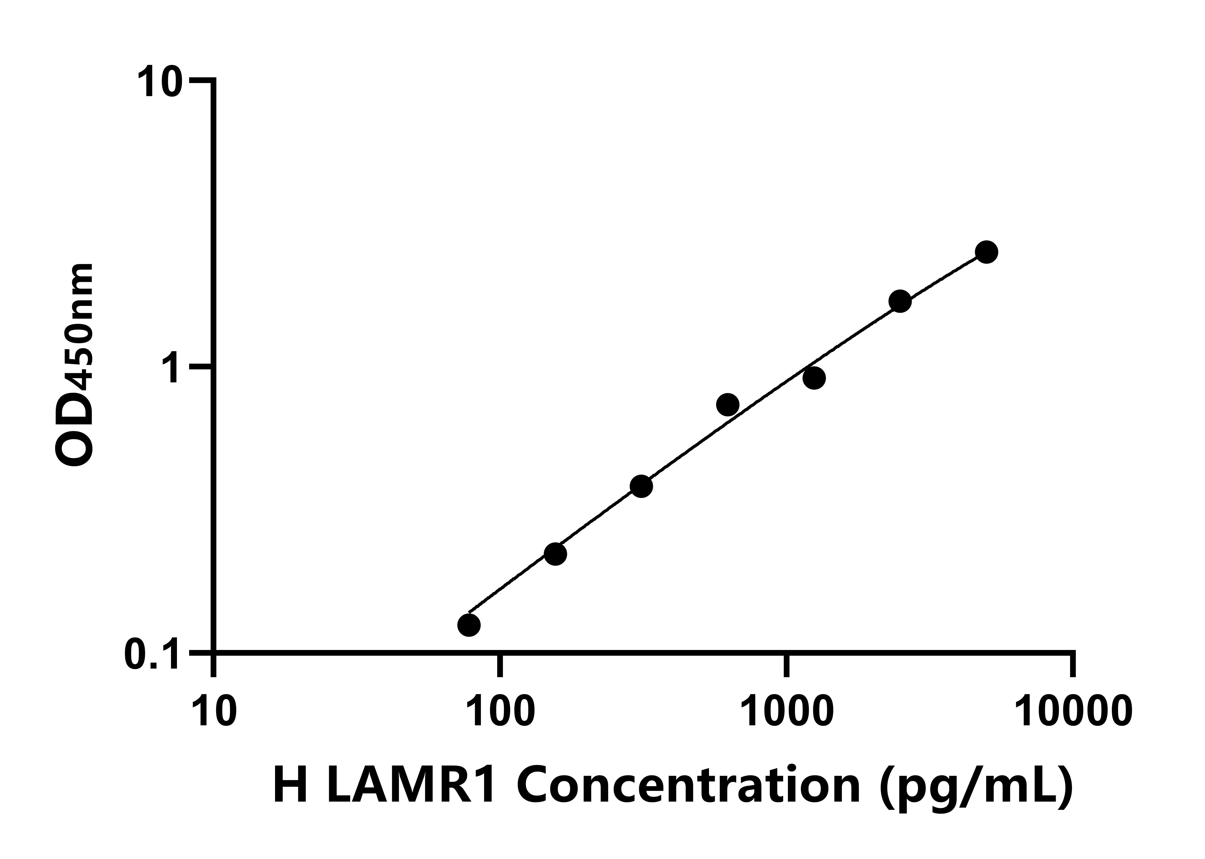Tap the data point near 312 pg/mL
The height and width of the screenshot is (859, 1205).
pos(641,486)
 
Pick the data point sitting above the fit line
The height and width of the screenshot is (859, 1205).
pos(728,405)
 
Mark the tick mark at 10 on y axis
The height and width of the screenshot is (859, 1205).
pos(201,80)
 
